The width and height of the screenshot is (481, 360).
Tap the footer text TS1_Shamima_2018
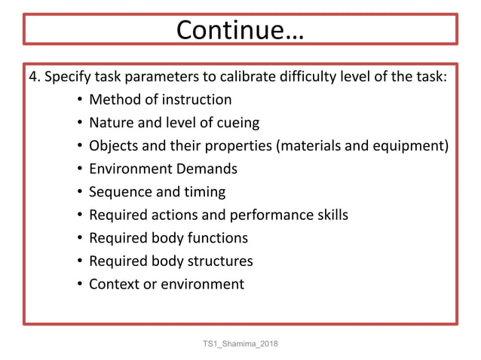(x=240, y=344)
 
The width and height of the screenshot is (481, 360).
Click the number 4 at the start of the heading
(x=32, y=77)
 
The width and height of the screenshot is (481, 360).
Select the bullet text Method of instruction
(x=160, y=99)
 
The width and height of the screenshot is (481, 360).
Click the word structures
(x=218, y=261)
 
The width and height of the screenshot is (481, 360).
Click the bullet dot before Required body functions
(x=79, y=239)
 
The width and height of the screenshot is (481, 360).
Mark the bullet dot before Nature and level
(x=79, y=124)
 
